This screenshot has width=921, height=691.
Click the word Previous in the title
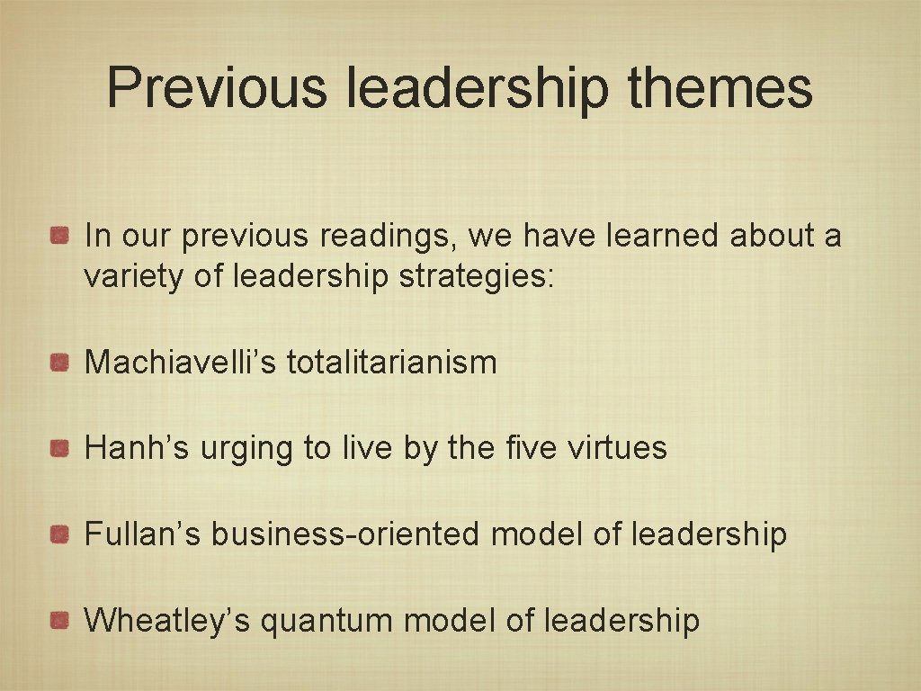click(217, 87)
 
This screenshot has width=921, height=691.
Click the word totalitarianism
click(391, 363)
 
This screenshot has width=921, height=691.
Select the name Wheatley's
click(166, 620)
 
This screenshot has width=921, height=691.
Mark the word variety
click(134, 277)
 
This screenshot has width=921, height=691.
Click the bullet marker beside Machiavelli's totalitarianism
click(60, 363)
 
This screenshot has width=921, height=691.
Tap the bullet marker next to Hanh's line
click(60, 448)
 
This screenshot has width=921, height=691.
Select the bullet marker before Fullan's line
click(60, 534)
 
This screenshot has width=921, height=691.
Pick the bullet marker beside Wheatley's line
click(60, 620)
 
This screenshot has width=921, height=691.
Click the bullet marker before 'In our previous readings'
click(60, 237)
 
